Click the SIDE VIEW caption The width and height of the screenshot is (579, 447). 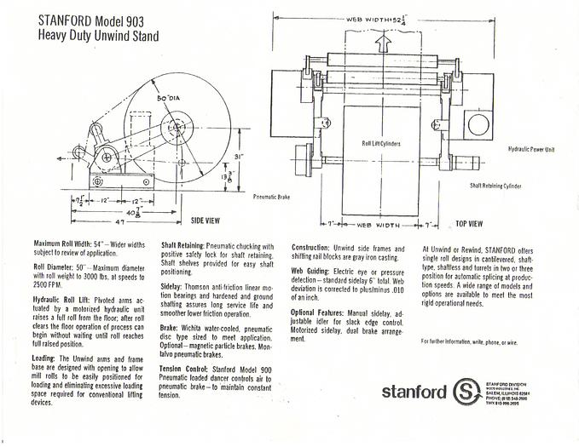pyautogui.click(x=206, y=221)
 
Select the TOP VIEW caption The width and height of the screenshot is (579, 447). pyautogui.click(x=470, y=223)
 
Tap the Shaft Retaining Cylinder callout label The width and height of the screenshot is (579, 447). pyautogui.click(x=495, y=185)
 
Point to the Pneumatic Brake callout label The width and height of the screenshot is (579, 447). pyautogui.click(x=272, y=197)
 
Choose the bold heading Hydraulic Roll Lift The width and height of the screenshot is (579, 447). pyautogui.click(x=64, y=299)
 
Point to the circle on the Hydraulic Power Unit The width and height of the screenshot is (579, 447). pyautogui.click(x=478, y=125)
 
